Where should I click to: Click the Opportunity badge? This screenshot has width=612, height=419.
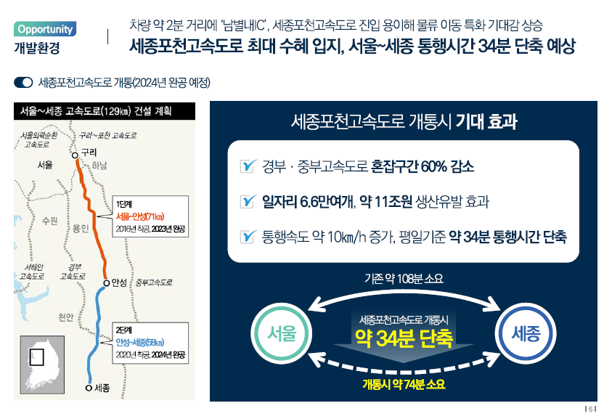45,30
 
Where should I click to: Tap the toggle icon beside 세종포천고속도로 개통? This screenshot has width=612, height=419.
23,83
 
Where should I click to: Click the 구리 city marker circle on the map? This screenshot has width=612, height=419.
74,155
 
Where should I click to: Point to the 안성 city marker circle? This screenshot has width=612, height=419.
106,282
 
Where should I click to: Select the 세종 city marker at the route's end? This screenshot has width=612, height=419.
89,388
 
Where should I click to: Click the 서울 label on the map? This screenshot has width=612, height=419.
45,166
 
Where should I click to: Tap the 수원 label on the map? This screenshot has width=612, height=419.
49,220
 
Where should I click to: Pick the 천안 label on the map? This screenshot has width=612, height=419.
66,317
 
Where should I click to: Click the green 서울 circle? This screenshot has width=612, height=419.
282,335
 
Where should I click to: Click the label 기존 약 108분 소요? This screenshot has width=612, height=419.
404,278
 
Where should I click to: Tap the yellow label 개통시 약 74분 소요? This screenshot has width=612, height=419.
404,384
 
